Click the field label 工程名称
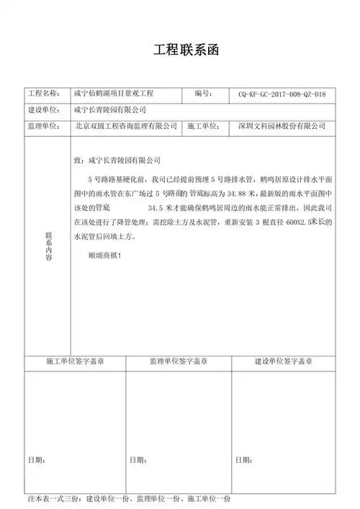point(45,94)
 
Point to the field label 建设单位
point(45,110)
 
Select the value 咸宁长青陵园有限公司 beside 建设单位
point(110,110)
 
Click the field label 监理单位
point(45,126)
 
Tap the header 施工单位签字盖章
point(75,361)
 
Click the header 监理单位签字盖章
point(179,361)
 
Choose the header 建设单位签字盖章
point(284,361)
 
